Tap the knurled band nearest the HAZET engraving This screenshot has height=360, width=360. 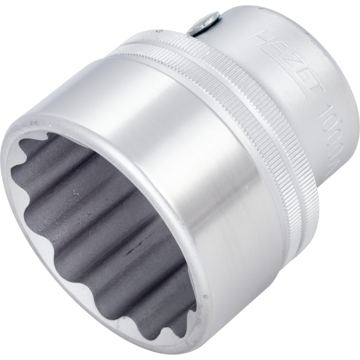(252, 112)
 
